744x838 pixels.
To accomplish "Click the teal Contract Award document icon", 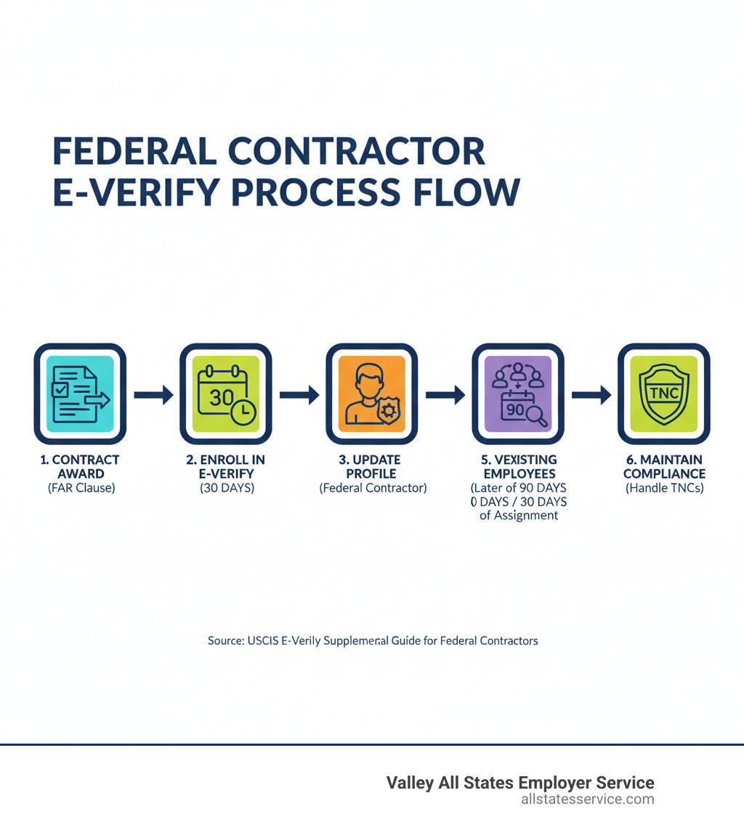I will tap(80, 394).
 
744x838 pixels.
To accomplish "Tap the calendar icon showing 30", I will tap(226, 394).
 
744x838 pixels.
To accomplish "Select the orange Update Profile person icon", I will tap(372, 394).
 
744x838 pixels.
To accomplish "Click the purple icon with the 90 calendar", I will tap(518, 394).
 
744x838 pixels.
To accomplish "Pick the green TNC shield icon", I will tap(663, 394).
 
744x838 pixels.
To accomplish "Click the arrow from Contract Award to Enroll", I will tap(153, 395).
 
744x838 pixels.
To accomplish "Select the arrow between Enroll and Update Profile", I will tap(299, 395).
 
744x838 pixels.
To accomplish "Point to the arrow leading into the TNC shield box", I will tap(591, 395).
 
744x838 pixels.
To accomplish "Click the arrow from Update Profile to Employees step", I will tap(445, 395).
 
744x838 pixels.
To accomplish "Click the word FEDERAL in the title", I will tap(134, 152).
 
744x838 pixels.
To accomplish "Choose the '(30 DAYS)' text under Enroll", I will tap(227, 488).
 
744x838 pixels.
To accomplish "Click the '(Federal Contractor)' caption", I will tap(373, 488).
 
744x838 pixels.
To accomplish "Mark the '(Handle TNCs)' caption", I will tap(664, 488).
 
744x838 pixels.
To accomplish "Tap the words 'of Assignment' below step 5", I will tap(519, 516).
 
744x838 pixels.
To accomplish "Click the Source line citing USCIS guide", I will tap(373, 640).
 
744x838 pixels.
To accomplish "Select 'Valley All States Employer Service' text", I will tap(519, 783).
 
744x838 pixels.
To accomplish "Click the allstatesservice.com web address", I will tap(587, 800).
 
